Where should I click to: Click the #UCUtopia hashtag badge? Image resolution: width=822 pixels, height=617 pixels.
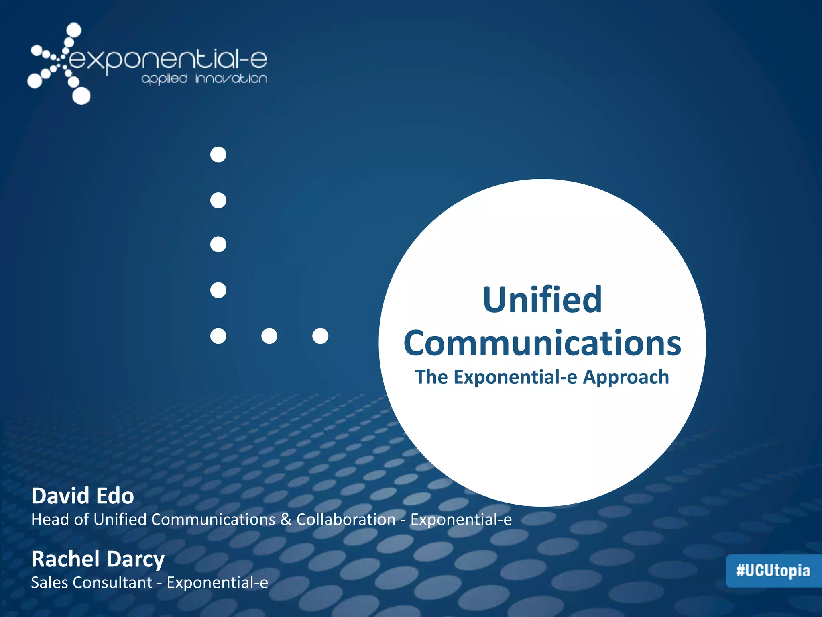coord(773,571)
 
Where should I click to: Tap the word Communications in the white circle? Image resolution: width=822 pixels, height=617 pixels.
coord(542,343)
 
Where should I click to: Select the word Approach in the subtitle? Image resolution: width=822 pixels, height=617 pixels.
coord(626,378)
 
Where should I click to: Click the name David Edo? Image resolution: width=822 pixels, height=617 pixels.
coord(83,496)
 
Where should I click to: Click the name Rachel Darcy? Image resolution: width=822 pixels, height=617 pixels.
coord(98,559)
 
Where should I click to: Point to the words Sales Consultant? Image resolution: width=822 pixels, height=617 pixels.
coord(92,583)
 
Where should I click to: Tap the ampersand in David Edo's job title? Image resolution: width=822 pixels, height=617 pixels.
coord(286,520)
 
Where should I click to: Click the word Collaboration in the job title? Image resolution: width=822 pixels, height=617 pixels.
coord(346,520)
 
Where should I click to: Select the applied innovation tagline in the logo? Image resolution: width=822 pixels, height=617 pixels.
coord(204,78)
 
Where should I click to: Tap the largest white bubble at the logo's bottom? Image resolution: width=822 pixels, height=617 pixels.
coord(81,96)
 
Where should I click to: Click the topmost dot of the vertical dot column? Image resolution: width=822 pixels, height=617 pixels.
coord(218,155)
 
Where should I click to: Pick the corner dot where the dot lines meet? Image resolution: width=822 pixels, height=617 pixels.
coord(218,336)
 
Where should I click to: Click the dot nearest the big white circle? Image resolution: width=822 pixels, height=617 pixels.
coord(320,336)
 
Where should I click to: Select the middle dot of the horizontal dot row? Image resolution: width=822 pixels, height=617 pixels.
coord(269,336)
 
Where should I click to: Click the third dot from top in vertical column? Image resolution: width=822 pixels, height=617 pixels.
coord(218,244)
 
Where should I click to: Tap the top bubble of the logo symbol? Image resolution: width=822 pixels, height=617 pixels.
coord(73,31)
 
